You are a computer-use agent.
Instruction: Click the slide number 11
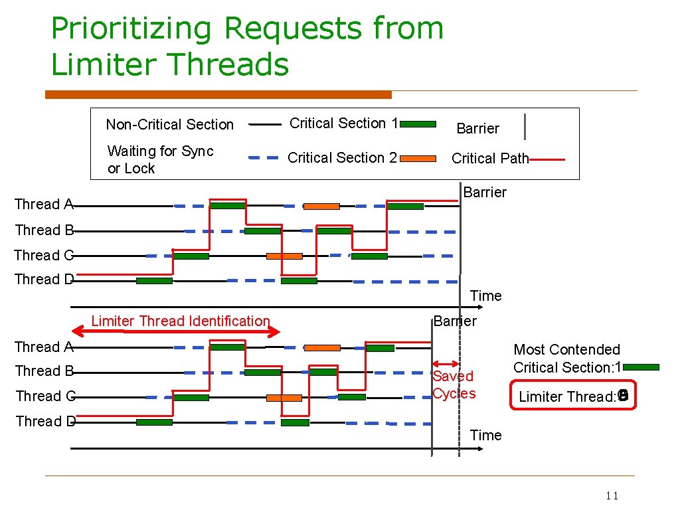(x=612, y=496)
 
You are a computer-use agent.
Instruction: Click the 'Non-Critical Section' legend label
(x=170, y=125)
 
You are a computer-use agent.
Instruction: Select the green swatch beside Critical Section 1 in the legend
(x=418, y=124)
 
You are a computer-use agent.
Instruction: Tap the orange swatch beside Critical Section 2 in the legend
(x=418, y=159)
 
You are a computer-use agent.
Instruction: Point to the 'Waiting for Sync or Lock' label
(x=160, y=160)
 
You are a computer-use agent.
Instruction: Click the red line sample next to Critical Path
(x=548, y=159)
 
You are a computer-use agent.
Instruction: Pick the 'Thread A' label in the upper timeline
(x=44, y=205)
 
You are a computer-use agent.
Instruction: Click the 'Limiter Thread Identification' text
(x=181, y=321)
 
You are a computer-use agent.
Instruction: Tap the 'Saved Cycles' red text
(x=454, y=384)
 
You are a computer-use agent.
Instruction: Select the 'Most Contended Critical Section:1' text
(x=567, y=359)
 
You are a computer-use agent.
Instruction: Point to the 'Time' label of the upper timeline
(x=486, y=296)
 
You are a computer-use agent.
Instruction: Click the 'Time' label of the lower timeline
(x=486, y=436)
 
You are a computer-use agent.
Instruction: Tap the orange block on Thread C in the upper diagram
(x=284, y=256)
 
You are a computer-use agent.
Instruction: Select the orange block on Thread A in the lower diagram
(x=322, y=347)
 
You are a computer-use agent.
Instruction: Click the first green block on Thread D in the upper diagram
(x=154, y=281)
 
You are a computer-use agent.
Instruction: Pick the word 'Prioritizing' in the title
(x=132, y=29)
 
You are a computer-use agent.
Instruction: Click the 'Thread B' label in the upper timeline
(x=44, y=230)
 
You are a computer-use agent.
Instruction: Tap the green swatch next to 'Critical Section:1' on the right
(x=641, y=367)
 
